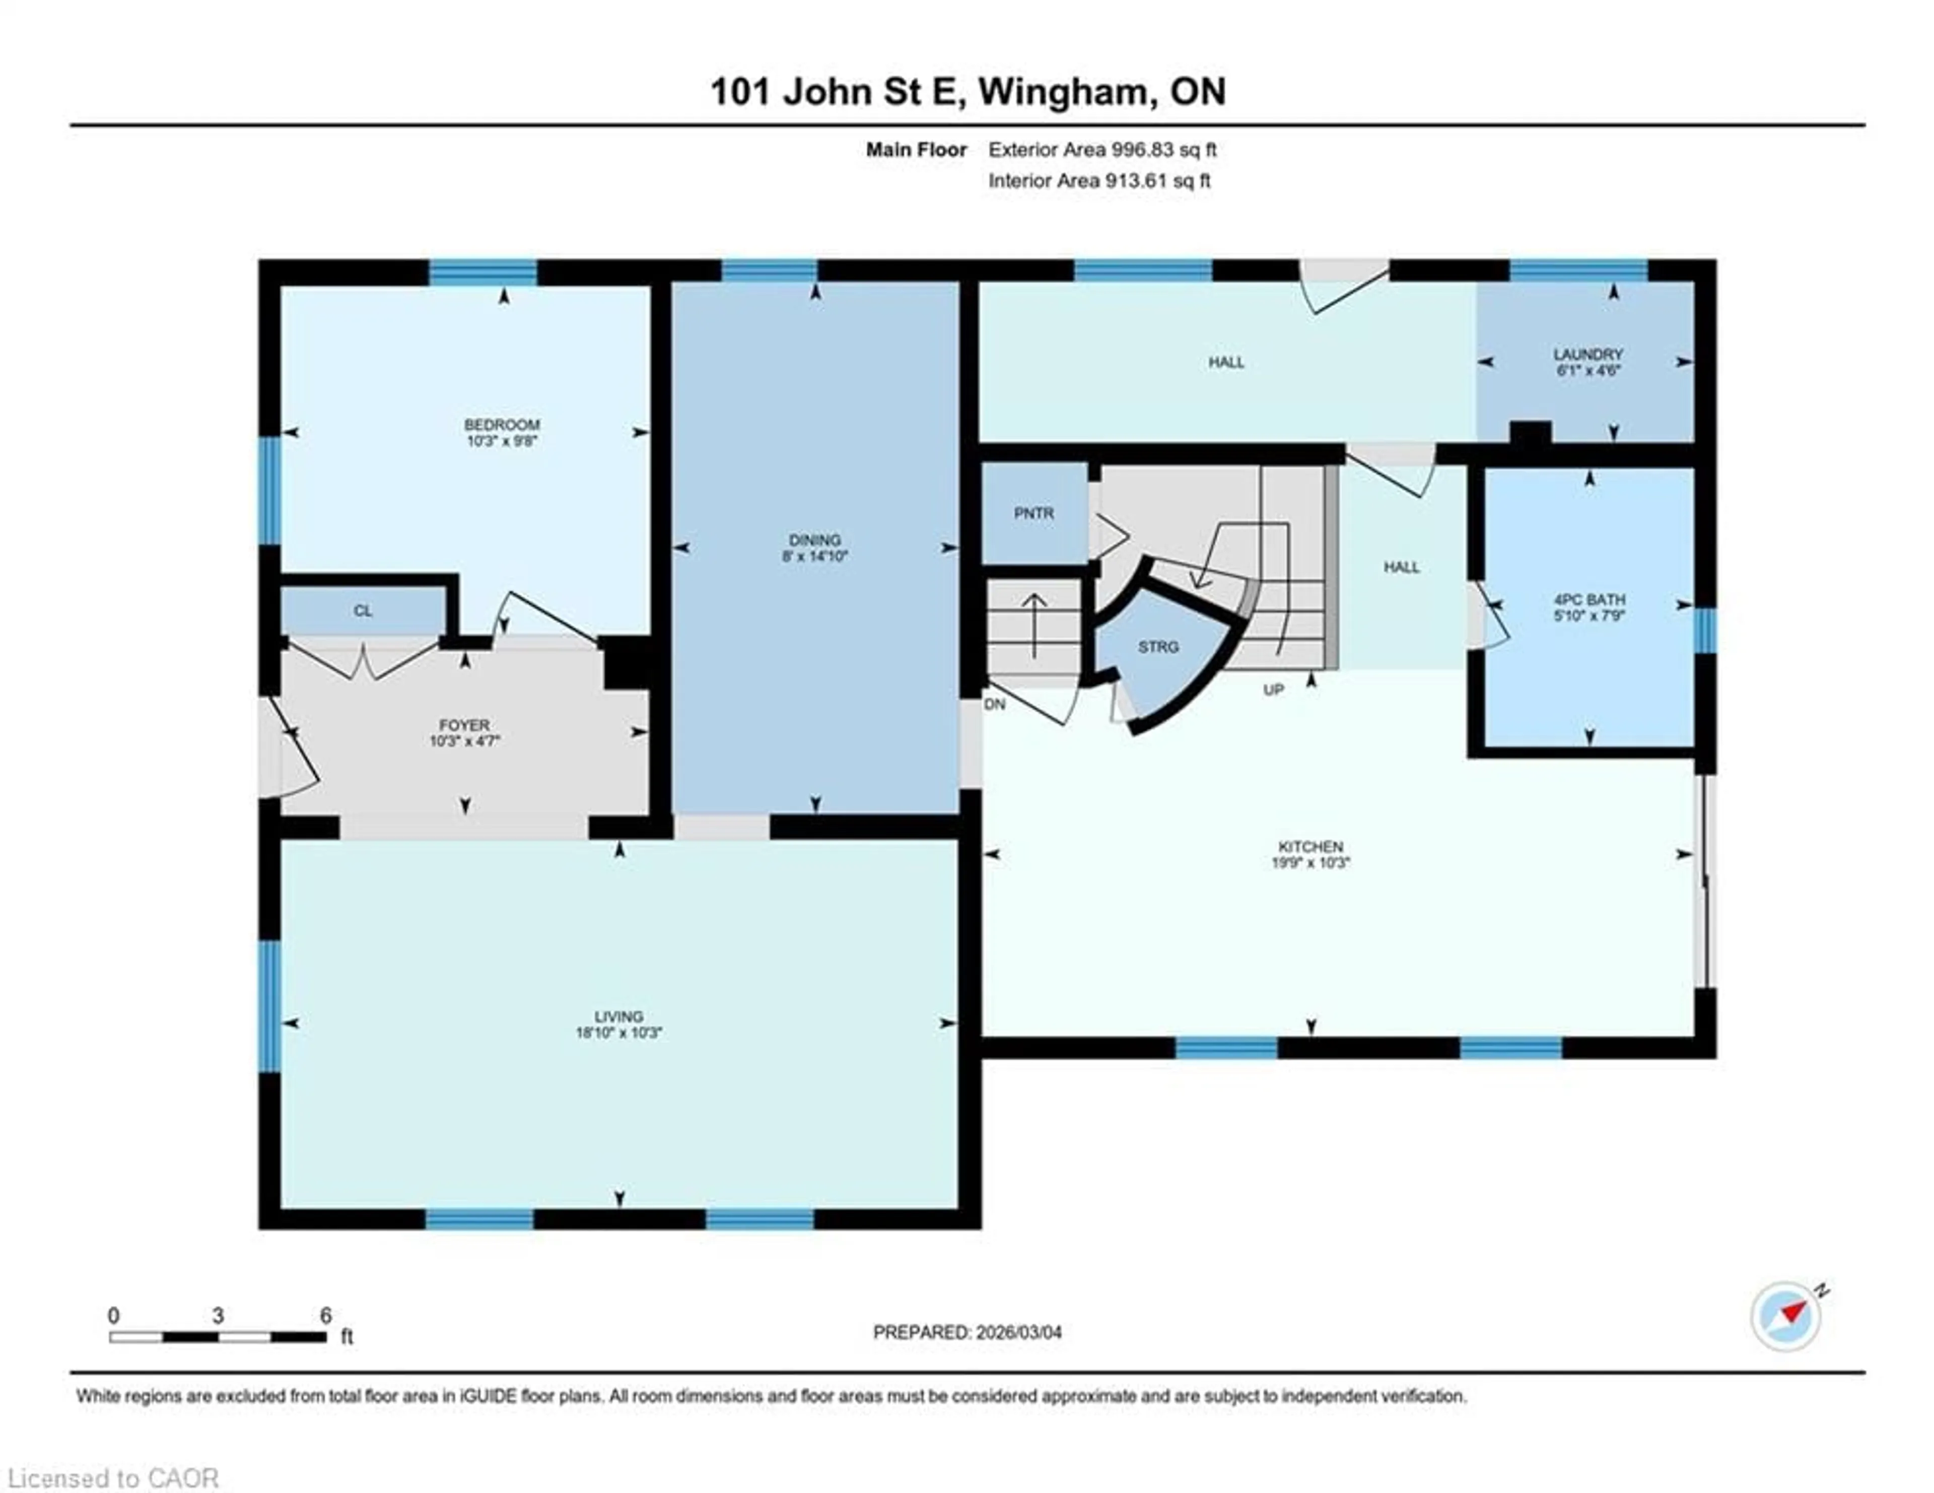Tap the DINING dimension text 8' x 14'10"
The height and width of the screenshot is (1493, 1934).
pyautogui.click(x=815, y=556)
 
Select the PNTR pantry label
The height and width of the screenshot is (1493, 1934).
pyautogui.click(x=1033, y=514)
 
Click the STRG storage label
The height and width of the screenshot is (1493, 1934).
pyautogui.click(x=1157, y=647)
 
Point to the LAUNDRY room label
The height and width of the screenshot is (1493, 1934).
pyautogui.click(x=1588, y=354)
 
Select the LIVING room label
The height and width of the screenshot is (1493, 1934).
pyautogui.click(x=618, y=1016)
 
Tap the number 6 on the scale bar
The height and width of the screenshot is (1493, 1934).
pyautogui.click(x=325, y=1315)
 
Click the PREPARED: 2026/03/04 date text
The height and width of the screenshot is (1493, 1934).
pyautogui.click(x=967, y=1332)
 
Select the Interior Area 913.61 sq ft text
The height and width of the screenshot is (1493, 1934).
pyautogui.click(x=1099, y=181)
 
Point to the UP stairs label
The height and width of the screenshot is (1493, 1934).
pyautogui.click(x=1273, y=690)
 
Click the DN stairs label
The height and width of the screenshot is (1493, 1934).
pyautogui.click(x=995, y=705)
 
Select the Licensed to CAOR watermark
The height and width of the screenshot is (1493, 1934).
pyautogui.click(x=112, y=1478)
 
